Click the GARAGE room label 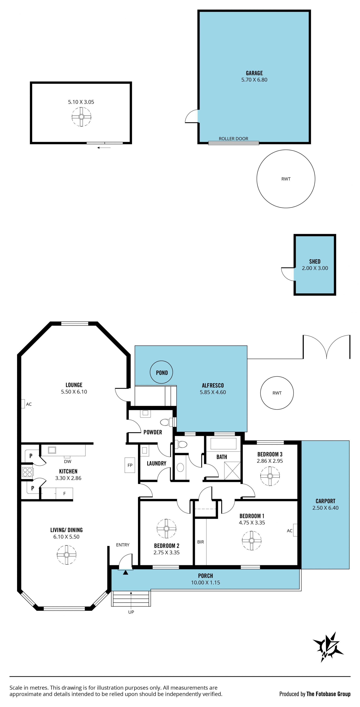coord(254,73)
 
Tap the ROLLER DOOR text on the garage coord(233,139)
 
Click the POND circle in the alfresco coord(161,373)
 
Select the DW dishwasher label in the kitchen coord(67,461)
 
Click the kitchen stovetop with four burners coord(27,472)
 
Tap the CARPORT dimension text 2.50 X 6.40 coord(325,508)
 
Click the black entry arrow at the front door coord(125,572)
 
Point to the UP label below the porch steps coord(131,612)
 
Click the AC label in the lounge coord(29,404)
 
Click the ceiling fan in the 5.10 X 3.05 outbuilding coord(81,117)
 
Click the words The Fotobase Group coord(328,694)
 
